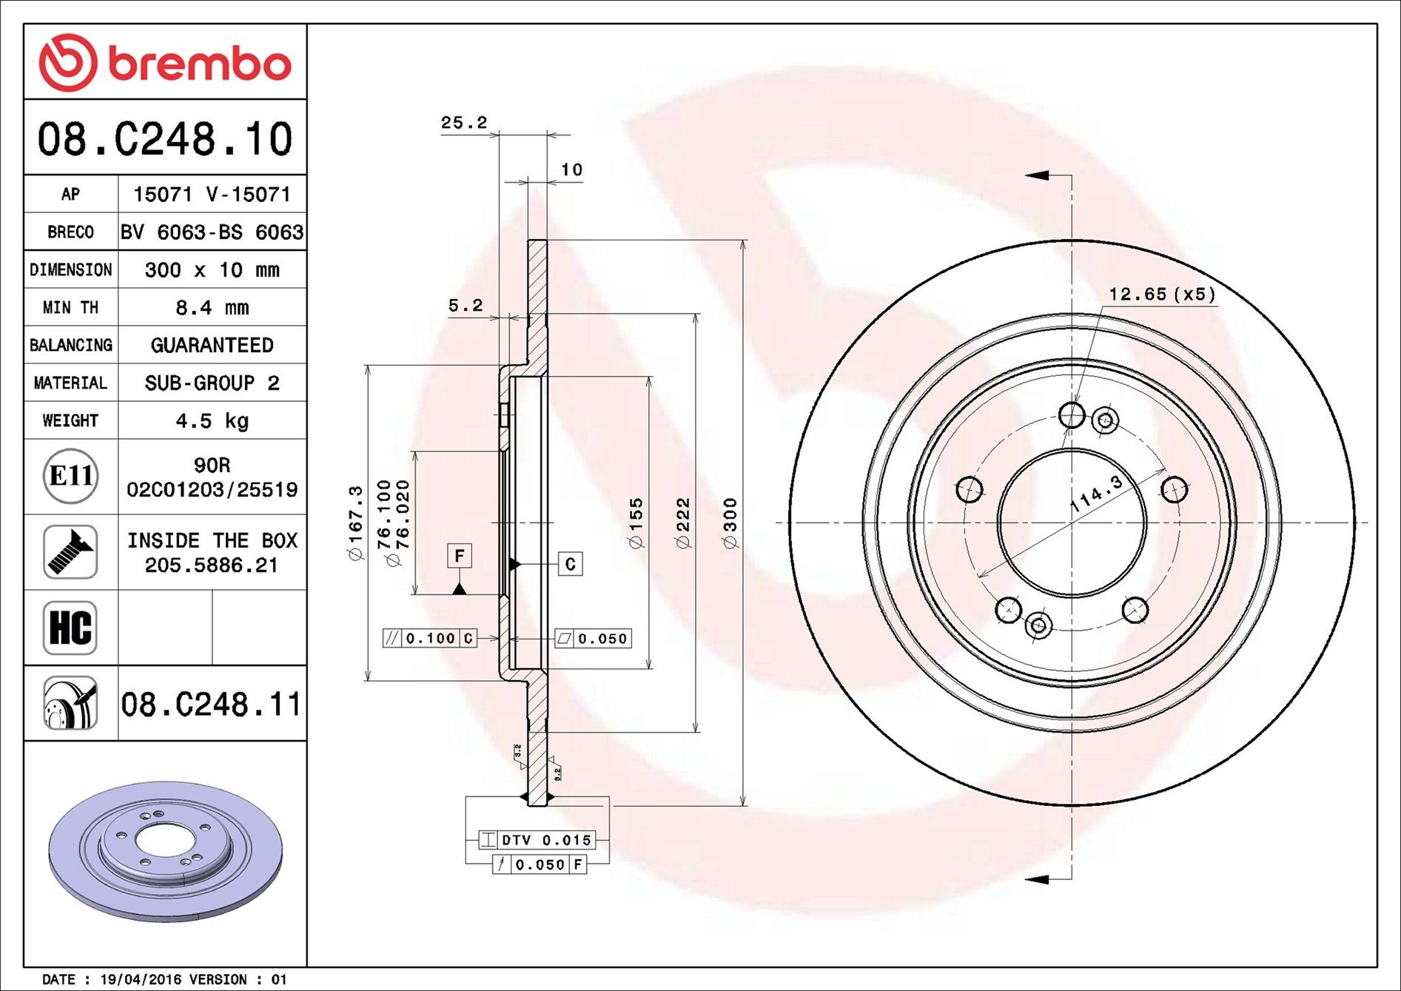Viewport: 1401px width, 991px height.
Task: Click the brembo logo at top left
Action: pos(164,63)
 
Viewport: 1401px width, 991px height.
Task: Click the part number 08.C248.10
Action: pos(165,139)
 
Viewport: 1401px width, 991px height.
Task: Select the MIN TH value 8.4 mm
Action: pos(212,307)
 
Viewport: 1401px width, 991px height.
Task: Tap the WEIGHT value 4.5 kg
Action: pos(212,421)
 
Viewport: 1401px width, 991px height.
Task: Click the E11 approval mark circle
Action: pos(70,476)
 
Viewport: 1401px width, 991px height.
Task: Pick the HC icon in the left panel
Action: pos(70,628)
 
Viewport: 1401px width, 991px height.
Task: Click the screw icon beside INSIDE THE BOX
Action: pos(70,552)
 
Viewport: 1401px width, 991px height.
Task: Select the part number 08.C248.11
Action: pos(211,704)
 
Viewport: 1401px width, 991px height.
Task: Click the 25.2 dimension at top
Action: pos(464,123)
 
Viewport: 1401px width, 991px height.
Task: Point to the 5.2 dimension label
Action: pos(466,305)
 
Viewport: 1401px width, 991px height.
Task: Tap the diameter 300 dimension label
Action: pos(730,523)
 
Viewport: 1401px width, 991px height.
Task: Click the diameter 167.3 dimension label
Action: pos(356,523)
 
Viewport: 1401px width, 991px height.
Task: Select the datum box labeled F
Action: pos(459,556)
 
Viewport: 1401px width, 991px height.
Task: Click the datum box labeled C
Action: pos(570,564)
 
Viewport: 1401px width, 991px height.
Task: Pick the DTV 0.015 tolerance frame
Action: pos(537,840)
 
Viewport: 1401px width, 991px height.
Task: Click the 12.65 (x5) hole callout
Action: pos(1161,295)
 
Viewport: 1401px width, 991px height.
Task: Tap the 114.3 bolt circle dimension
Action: pos(1096,494)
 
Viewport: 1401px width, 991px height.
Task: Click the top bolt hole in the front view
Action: pos(1071,414)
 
